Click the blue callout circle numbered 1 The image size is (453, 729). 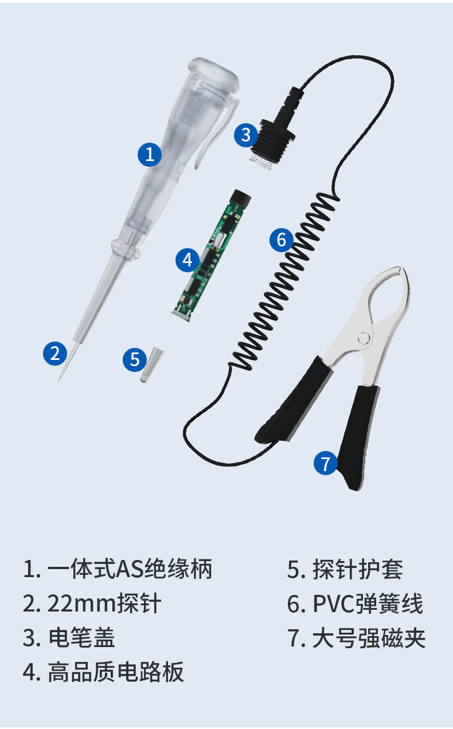[150, 154]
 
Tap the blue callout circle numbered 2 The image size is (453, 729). [55, 354]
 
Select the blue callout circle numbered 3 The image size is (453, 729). [246, 135]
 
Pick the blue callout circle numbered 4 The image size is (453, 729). [188, 260]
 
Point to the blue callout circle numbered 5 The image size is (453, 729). [135, 359]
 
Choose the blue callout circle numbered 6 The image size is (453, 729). [282, 240]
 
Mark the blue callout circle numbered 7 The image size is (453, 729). [326, 463]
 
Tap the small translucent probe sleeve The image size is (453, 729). [152, 365]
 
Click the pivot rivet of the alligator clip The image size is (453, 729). [364, 339]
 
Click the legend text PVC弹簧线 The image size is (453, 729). [368, 603]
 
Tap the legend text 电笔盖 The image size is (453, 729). [82, 637]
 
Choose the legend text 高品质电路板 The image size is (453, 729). [116, 671]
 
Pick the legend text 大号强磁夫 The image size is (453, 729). [369, 638]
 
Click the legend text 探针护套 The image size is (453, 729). [358, 570]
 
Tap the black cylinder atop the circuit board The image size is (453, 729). [241, 198]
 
